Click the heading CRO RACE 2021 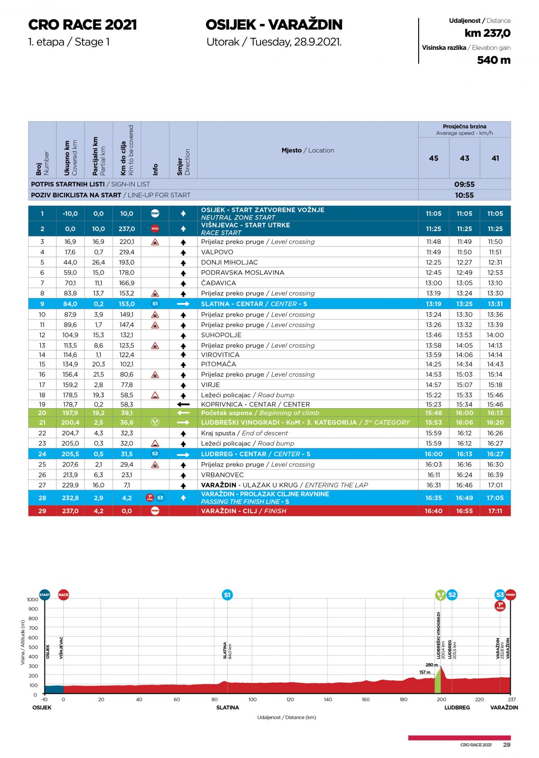(82, 25)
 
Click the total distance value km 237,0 (487, 33)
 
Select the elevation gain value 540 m (494, 60)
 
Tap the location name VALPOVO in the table (217, 252)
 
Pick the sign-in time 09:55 (464, 184)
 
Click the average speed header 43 (464, 158)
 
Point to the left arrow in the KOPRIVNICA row (183, 404)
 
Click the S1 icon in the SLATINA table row (155, 304)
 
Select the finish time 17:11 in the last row (495, 511)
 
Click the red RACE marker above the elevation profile (63, 595)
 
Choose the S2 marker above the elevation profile (452, 595)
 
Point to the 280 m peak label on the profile (432, 664)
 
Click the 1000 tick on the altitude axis (33, 599)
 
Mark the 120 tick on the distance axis (290, 699)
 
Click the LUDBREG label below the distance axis (457, 707)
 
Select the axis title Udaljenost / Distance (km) (287, 717)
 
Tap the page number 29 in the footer (507, 745)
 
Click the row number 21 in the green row (42, 423)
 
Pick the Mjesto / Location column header (308, 150)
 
